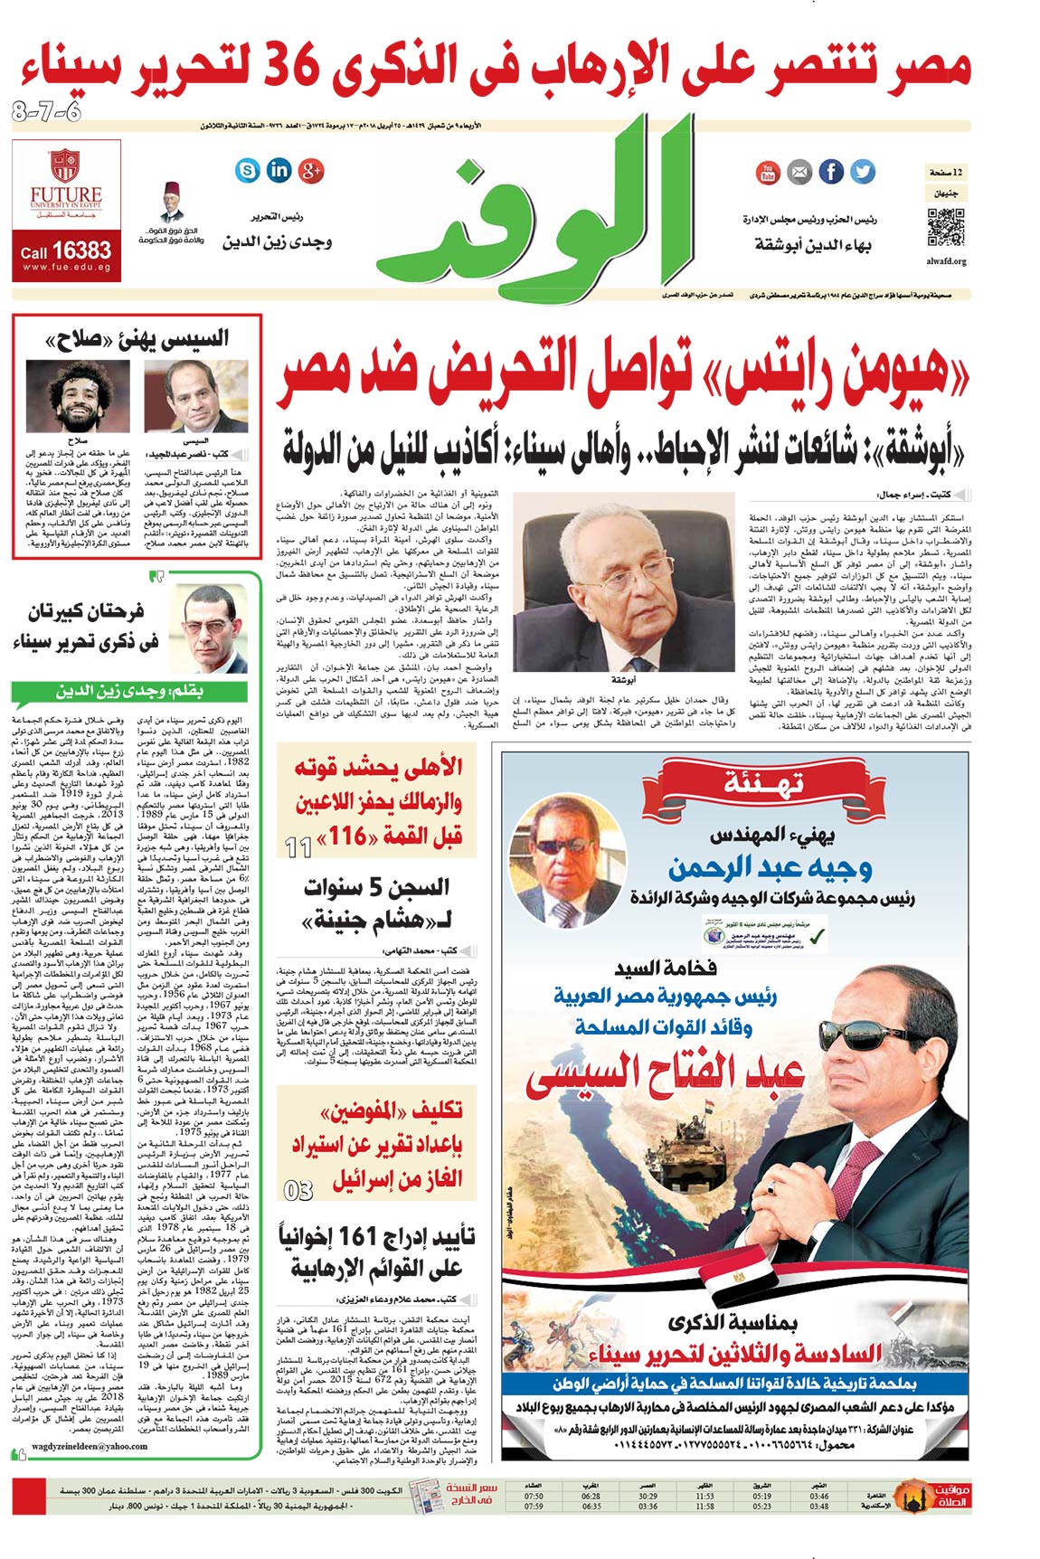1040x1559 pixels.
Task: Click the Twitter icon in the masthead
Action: pos(863,171)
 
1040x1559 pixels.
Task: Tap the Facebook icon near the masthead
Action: pos(831,171)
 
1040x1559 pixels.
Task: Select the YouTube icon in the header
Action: pos(768,171)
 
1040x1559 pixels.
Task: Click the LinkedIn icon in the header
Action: pos(279,169)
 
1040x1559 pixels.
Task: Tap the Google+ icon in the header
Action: pos(311,169)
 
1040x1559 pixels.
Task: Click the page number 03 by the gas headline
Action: pos(298,1190)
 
